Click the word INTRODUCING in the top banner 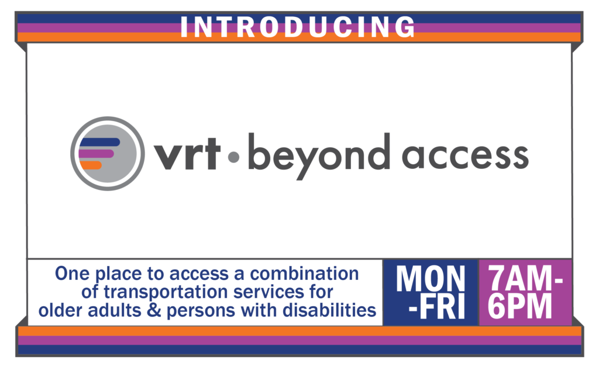coord(298,27)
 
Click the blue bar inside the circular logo coord(99,142)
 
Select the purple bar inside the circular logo coord(97,154)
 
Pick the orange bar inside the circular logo coord(91,165)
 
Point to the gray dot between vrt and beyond coord(233,157)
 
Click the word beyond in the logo coord(319,157)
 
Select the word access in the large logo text coord(465,157)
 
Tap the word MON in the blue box coord(431,279)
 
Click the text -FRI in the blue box coord(436,306)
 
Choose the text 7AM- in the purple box coord(525,279)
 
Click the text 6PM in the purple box coord(520,306)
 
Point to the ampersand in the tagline coord(154,310)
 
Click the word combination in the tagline coord(304,273)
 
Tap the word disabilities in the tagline coord(329,310)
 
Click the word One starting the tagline coord(73,273)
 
